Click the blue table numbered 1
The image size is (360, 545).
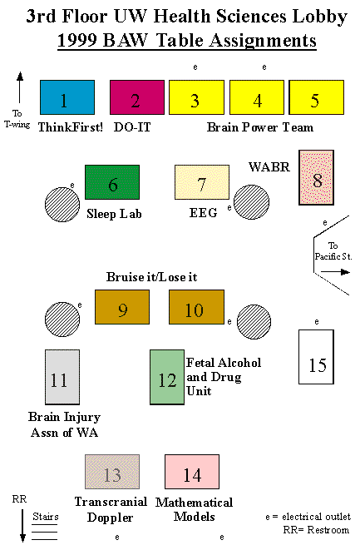point(67,97)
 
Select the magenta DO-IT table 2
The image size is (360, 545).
point(137,97)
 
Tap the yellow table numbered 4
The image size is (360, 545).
point(257,97)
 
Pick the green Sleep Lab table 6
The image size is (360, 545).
point(112,182)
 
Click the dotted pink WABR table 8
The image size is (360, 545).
point(316,177)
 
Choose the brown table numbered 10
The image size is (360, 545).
point(196,307)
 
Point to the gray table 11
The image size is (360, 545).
point(62,377)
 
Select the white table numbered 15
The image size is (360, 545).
point(316,357)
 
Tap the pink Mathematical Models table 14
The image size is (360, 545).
point(192,472)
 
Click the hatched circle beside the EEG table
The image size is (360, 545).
point(251,202)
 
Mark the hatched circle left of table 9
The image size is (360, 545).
point(62,320)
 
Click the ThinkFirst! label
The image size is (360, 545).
point(71,127)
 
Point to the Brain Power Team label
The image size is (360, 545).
point(260,127)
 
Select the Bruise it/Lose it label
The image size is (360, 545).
point(151,277)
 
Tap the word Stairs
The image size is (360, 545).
point(46,517)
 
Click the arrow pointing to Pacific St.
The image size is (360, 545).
point(335,272)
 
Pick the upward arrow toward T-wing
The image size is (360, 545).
point(20,87)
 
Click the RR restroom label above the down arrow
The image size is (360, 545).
point(19,499)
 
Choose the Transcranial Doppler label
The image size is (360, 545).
point(111,509)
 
